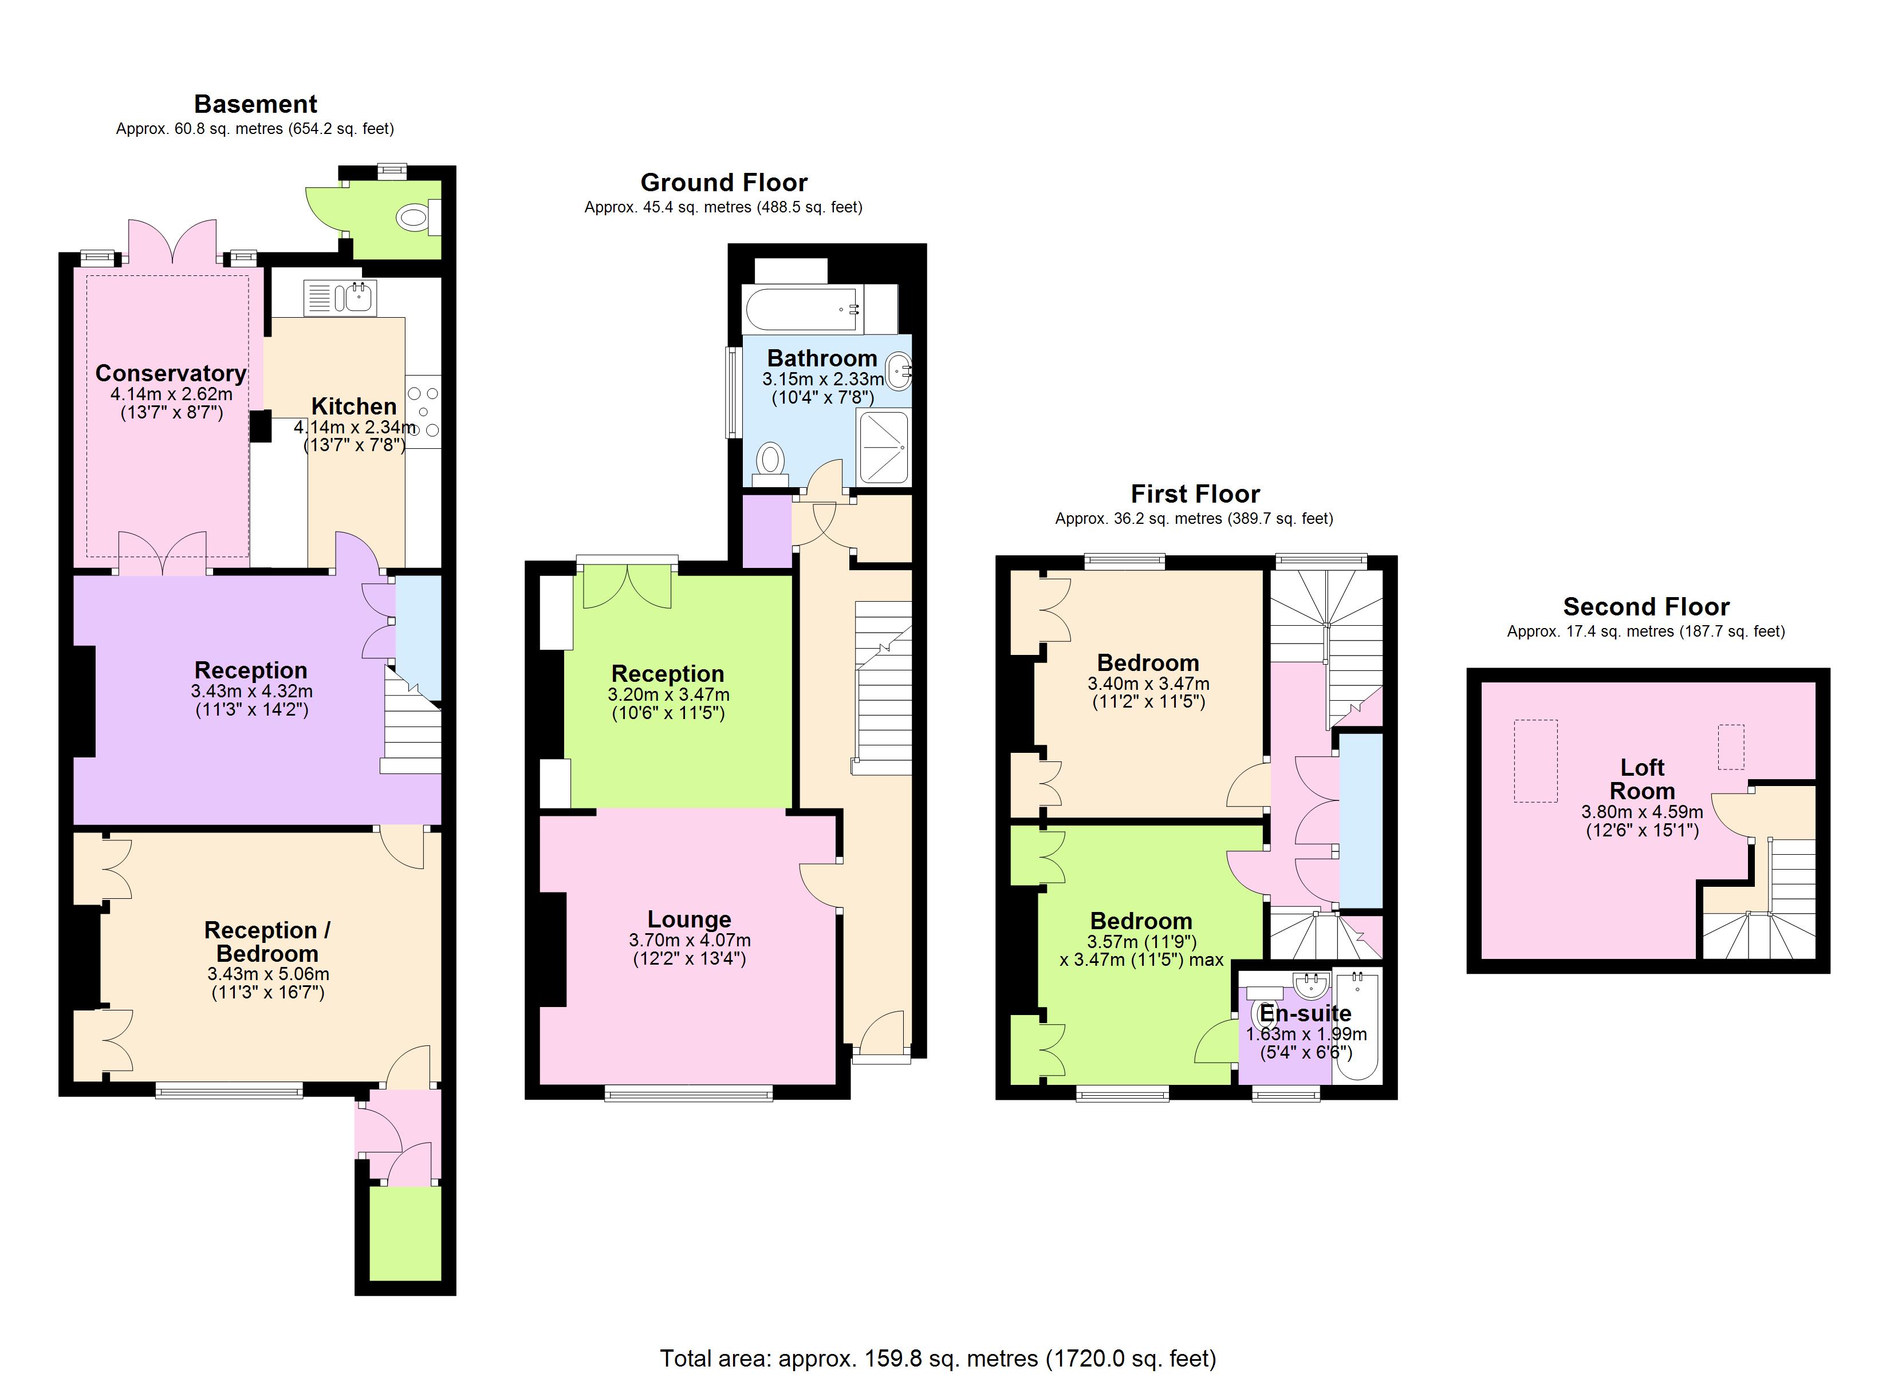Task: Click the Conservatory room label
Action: (171, 373)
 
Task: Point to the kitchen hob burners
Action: (423, 411)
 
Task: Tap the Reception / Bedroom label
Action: (267, 942)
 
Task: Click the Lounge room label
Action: (689, 919)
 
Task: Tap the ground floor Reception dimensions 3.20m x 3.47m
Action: (668, 694)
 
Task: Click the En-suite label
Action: (1305, 1013)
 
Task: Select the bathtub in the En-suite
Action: (1357, 1025)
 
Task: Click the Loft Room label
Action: (1641, 779)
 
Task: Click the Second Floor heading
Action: (1646, 607)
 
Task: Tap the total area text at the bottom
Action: (938, 1358)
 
